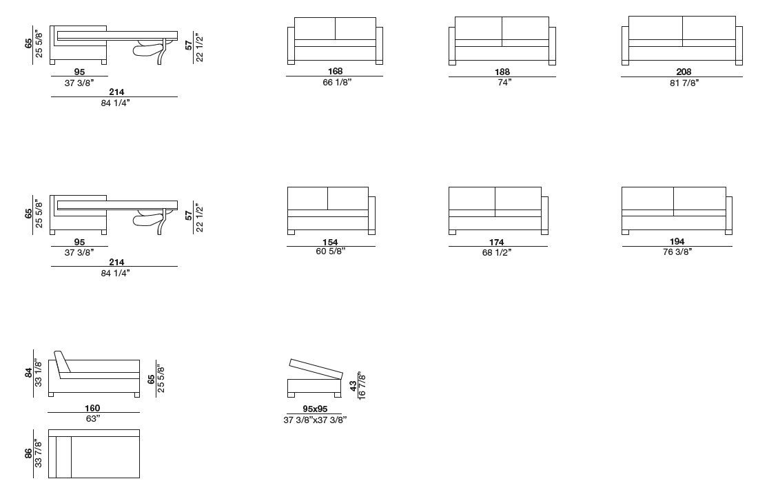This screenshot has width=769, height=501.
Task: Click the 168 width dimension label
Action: coord(335,71)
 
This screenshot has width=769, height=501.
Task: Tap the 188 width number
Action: coord(502,72)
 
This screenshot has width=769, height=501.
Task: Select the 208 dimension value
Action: coord(684,72)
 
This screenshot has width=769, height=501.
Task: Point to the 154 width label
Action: coord(330,242)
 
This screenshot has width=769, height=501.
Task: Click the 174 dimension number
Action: coord(496,242)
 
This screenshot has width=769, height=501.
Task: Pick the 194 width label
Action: coord(677,241)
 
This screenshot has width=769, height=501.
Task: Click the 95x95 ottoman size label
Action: coord(315,409)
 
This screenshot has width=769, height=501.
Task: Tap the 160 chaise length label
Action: coord(92,408)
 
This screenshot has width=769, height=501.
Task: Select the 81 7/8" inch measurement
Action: coord(684,83)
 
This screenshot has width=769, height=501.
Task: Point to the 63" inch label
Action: coord(93,418)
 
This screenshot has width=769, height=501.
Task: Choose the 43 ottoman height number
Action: coord(353,386)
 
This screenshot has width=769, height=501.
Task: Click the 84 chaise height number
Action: coord(29,373)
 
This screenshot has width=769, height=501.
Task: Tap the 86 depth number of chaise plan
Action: coord(29,453)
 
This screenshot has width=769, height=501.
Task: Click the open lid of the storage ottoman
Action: coord(316,369)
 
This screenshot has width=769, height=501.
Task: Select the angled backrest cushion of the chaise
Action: coord(62,364)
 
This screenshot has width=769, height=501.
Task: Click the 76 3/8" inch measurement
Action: coord(677,252)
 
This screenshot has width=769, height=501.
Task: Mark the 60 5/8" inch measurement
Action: coord(331,252)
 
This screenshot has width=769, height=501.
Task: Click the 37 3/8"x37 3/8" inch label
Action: coord(315,420)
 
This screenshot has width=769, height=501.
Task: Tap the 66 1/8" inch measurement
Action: coord(337,83)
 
